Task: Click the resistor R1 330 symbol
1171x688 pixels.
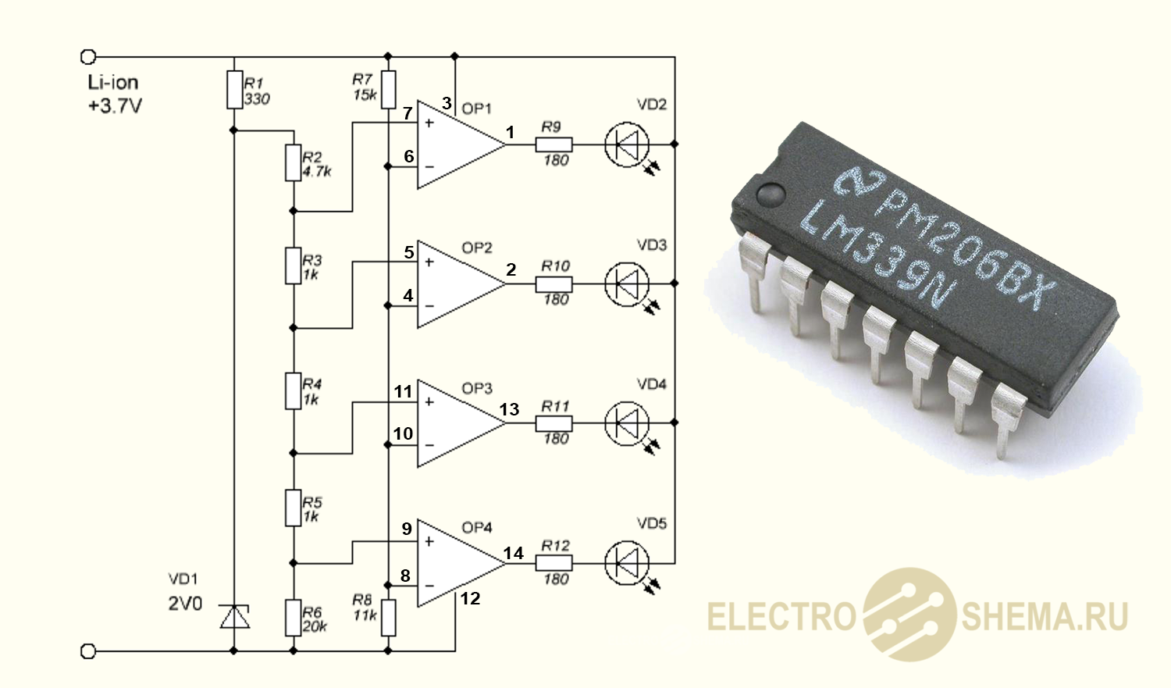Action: [234, 89]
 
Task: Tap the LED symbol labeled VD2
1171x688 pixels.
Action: [627, 144]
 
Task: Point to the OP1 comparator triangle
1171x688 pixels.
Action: [456, 144]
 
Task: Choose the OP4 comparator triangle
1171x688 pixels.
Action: [456, 563]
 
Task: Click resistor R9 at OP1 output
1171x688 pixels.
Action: [553, 144]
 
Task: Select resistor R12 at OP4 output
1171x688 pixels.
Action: [553, 563]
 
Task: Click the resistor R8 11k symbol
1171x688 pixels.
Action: [388, 617]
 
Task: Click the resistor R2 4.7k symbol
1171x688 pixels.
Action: [293, 162]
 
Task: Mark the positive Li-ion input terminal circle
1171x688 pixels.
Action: [88, 57]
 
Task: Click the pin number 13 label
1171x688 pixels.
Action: [509, 409]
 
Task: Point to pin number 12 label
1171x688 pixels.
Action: [470, 599]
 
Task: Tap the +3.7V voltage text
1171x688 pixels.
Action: [115, 106]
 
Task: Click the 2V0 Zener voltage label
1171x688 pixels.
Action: [185, 604]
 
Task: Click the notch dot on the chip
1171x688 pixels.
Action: [771, 193]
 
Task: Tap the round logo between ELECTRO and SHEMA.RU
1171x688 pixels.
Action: [909, 615]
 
